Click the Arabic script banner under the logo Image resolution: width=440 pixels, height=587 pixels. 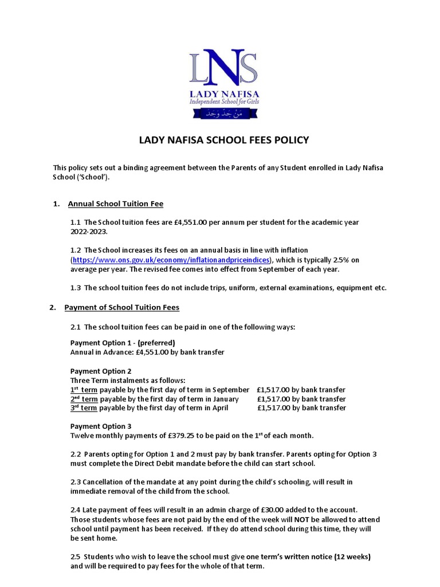221,114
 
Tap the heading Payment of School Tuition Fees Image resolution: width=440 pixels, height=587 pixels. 121,307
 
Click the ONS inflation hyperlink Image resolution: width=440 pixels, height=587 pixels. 170,260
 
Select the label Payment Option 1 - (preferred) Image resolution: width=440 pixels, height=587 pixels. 118,343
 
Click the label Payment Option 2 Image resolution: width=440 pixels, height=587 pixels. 101,371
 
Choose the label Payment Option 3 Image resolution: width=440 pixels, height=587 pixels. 101,426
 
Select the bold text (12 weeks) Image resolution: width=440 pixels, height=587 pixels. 351,557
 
